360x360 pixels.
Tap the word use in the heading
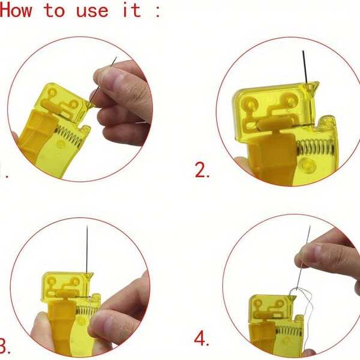pyautogui.click(x=92, y=11)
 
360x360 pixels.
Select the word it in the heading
pyautogui.click(x=132, y=10)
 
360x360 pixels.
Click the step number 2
pyautogui.click(x=202, y=170)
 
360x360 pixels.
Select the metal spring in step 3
pyautogui.click(x=88, y=310)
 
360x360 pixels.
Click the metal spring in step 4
pyautogui.click(x=289, y=331)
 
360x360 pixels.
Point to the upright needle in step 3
pyautogui.click(x=87, y=250)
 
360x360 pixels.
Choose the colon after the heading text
pyautogui.click(x=157, y=12)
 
